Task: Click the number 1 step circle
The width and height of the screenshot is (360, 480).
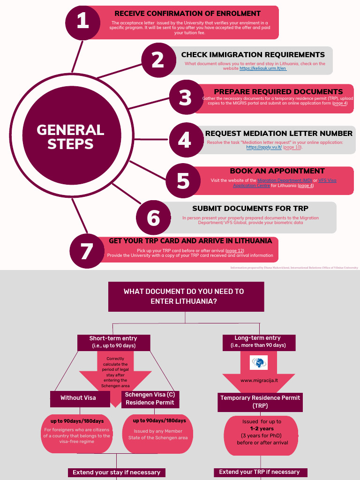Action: [x=83, y=22]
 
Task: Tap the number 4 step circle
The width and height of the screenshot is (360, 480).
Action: [x=185, y=140]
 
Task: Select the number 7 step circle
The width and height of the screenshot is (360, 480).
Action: [x=87, y=251]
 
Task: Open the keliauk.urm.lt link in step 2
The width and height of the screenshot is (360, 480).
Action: [x=263, y=68]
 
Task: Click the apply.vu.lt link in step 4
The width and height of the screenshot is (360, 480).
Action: [x=264, y=147]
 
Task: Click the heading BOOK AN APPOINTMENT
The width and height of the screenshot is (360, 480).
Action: [x=277, y=171]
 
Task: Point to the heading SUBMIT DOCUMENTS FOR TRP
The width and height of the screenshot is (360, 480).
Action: [x=250, y=209]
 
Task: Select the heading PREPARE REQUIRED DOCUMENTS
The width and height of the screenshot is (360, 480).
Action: [x=278, y=91]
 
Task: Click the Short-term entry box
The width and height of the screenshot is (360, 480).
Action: [x=113, y=342]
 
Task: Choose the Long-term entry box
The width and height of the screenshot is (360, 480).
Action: [x=258, y=342]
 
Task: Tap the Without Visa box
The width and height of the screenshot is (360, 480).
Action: [x=78, y=398]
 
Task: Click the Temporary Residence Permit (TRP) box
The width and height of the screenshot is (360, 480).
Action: [x=260, y=401]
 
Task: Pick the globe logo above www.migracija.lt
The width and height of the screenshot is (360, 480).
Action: [x=259, y=362]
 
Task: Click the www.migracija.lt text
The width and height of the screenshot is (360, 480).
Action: [x=259, y=381]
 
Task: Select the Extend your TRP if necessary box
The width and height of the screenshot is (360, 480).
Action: [x=260, y=472]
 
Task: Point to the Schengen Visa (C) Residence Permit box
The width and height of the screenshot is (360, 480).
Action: [x=150, y=398]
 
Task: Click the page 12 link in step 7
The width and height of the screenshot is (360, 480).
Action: [x=235, y=251]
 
